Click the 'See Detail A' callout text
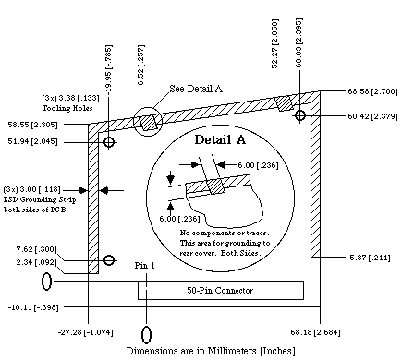[x=197, y=89]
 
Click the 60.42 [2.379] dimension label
[x=367, y=116]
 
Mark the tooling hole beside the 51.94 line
[x=110, y=143]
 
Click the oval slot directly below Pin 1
[x=146, y=330]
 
